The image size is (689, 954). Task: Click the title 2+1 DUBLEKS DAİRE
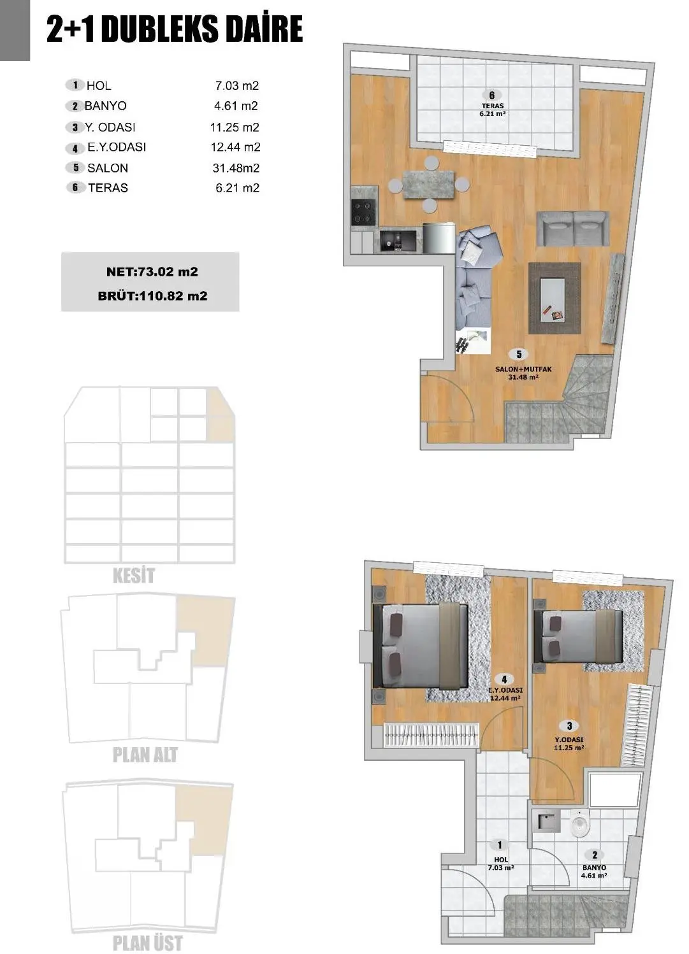coord(174,30)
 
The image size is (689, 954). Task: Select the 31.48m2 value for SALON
coord(236,168)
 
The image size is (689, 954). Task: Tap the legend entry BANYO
coord(105,106)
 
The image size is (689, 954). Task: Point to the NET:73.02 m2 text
coord(152,272)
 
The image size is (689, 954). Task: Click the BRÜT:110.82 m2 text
coord(152,296)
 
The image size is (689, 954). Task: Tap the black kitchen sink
coord(398,241)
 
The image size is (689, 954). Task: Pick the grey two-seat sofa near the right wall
coord(572,228)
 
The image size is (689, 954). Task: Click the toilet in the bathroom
coord(579,825)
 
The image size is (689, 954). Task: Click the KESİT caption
coord(133,576)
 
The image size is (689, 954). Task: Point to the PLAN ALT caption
coord(145,755)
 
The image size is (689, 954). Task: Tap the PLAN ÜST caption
coord(147,943)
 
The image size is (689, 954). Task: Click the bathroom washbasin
coord(548,822)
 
